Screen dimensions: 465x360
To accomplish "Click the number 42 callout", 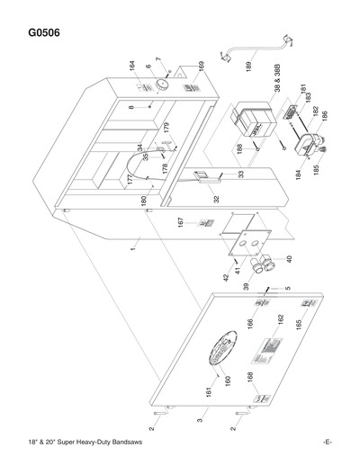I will point(226,278).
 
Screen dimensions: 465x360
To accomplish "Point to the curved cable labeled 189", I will point(260,50).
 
